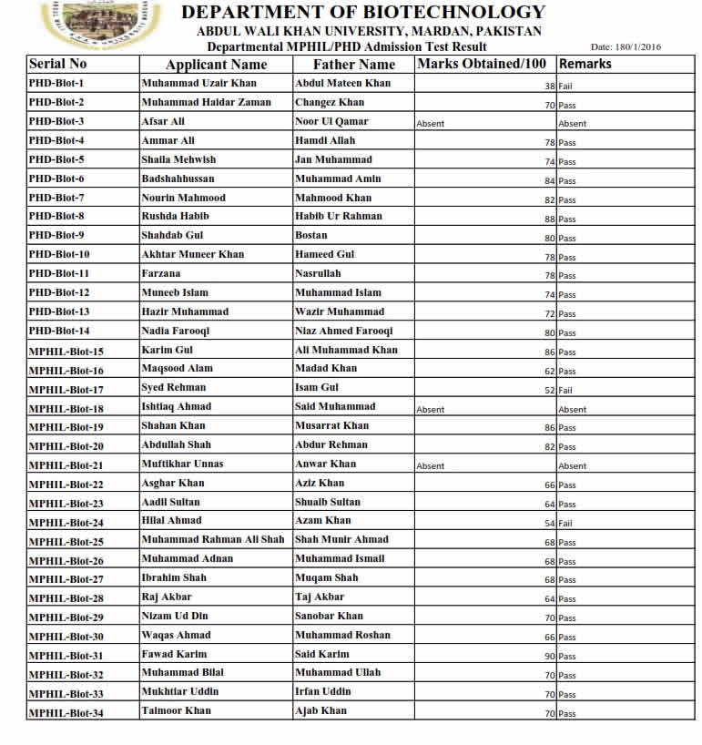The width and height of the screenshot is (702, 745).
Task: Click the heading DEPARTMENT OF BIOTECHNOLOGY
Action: tap(362, 13)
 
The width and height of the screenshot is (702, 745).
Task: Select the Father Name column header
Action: tap(353, 65)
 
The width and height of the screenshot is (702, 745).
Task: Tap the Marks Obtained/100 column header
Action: tap(483, 64)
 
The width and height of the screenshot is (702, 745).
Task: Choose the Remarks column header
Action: tap(585, 64)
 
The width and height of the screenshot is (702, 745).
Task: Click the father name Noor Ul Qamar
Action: tap(331, 121)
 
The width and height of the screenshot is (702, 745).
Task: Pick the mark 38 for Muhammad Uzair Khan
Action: tap(549, 86)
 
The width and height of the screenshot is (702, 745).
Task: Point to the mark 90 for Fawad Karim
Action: tap(549, 657)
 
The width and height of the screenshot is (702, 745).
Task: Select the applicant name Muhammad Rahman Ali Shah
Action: tap(213, 539)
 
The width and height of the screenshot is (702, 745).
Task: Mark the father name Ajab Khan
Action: tap(320, 710)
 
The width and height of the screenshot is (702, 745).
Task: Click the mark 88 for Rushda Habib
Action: tap(549, 219)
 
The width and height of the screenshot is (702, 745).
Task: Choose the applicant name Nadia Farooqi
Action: tap(176, 331)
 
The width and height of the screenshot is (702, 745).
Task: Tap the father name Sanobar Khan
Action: tap(329, 616)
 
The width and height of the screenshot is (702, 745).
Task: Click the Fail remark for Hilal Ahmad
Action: tap(566, 524)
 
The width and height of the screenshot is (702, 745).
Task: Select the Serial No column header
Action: tap(58, 65)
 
